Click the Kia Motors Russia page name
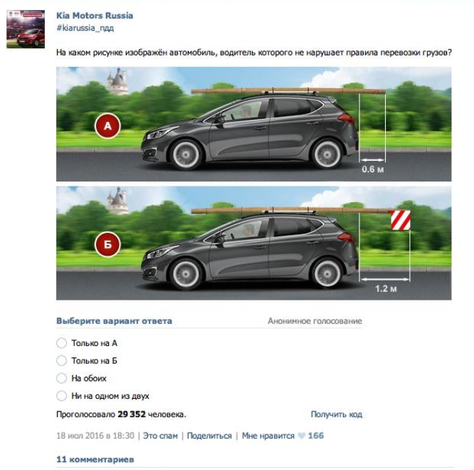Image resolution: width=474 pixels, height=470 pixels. [95, 16]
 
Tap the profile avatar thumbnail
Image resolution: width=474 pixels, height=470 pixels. [26, 29]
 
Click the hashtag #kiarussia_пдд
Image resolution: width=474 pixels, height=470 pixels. [85, 28]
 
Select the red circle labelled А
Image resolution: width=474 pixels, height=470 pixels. [107, 126]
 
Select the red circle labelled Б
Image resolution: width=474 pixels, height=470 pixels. [107, 244]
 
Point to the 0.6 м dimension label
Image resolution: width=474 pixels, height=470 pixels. [373, 169]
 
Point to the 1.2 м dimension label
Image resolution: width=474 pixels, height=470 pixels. [386, 288]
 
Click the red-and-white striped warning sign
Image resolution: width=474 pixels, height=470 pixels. [401, 220]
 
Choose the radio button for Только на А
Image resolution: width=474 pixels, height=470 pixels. [61, 343]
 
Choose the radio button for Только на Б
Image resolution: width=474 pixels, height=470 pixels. [61, 360]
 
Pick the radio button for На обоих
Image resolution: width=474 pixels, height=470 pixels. [61, 378]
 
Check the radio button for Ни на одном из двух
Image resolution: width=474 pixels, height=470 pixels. [61, 396]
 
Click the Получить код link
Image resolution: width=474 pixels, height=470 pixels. [337, 414]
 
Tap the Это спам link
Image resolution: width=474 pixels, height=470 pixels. [160, 436]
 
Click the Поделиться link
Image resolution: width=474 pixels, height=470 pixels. [209, 436]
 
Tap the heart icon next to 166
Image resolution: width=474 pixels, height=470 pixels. [301, 436]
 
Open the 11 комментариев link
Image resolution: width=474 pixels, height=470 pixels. [95, 459]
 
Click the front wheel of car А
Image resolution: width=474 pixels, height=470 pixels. [186, 155]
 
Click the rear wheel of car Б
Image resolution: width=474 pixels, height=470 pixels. [327, 274]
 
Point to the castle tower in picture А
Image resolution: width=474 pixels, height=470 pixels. [117, 81]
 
